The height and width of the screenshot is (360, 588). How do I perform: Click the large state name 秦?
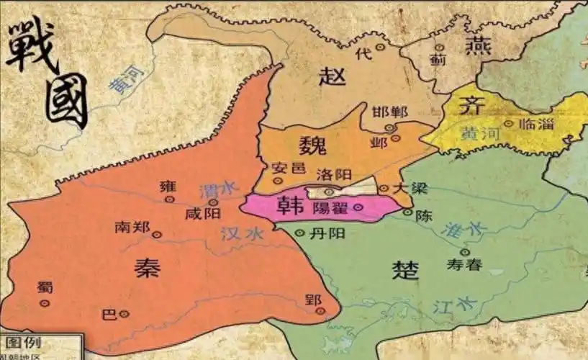148,267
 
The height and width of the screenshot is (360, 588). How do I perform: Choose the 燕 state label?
479,47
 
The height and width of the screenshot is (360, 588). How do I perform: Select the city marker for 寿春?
465,252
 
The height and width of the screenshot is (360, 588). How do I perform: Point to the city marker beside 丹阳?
301,233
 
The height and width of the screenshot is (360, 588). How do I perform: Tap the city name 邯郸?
389,113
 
